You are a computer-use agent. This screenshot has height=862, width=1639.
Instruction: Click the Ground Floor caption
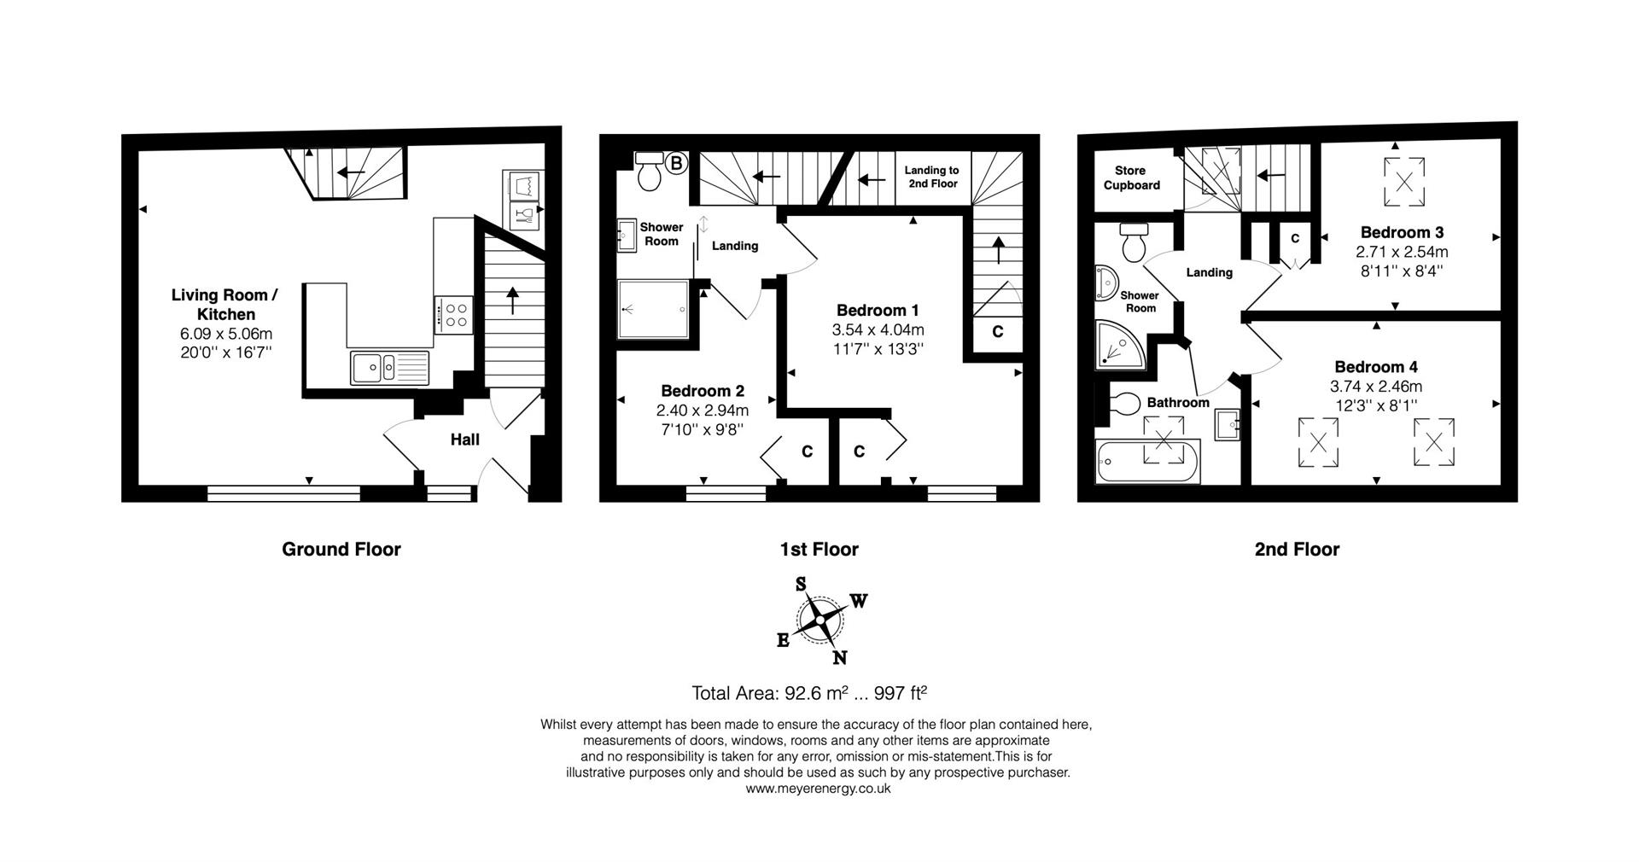pyautogui.click(x=341, y=550)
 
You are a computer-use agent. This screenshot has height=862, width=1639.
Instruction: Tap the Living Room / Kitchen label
pyautogui.click(x=225, y=305)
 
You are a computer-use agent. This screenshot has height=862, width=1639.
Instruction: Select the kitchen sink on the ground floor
pyautogui.click(x=388, y=368)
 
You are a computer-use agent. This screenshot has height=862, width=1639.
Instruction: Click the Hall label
pyautogui.click(x=464, y=440)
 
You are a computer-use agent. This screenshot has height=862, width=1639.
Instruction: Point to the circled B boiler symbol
pyautogui.click(x=675, y=162)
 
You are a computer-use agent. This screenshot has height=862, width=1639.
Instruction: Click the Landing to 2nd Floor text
pyautogui.click(x=931, y=177)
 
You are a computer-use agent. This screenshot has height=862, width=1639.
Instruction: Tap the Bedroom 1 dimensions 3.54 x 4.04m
pyautogui.click(x=878, y=329)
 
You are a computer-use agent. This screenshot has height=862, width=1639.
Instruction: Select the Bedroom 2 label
pyautogui.click(x=702, y=391)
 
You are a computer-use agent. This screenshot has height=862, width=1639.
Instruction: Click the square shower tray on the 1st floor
pyautogui.click(x=653, y=309)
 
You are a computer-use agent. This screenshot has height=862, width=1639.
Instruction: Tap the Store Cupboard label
pyautogui.click(x=1131, y=178)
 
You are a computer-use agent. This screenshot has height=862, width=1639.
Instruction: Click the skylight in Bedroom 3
pyautogui.click(x=1403, y=180)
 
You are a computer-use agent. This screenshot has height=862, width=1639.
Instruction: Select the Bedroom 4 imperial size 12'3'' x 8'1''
pyautogui.click(x=1375, y=405)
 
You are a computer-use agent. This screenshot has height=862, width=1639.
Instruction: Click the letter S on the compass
pyautogui.click(x=801, y=585)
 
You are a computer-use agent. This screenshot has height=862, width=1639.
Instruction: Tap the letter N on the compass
pyautogui.click(x=840, y=657)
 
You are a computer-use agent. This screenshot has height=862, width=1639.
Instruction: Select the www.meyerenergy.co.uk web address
pyautogui.click(x=818, y=789)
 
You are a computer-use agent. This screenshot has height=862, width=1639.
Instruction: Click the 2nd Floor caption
pyautogui.click(x=1296, y=550)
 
